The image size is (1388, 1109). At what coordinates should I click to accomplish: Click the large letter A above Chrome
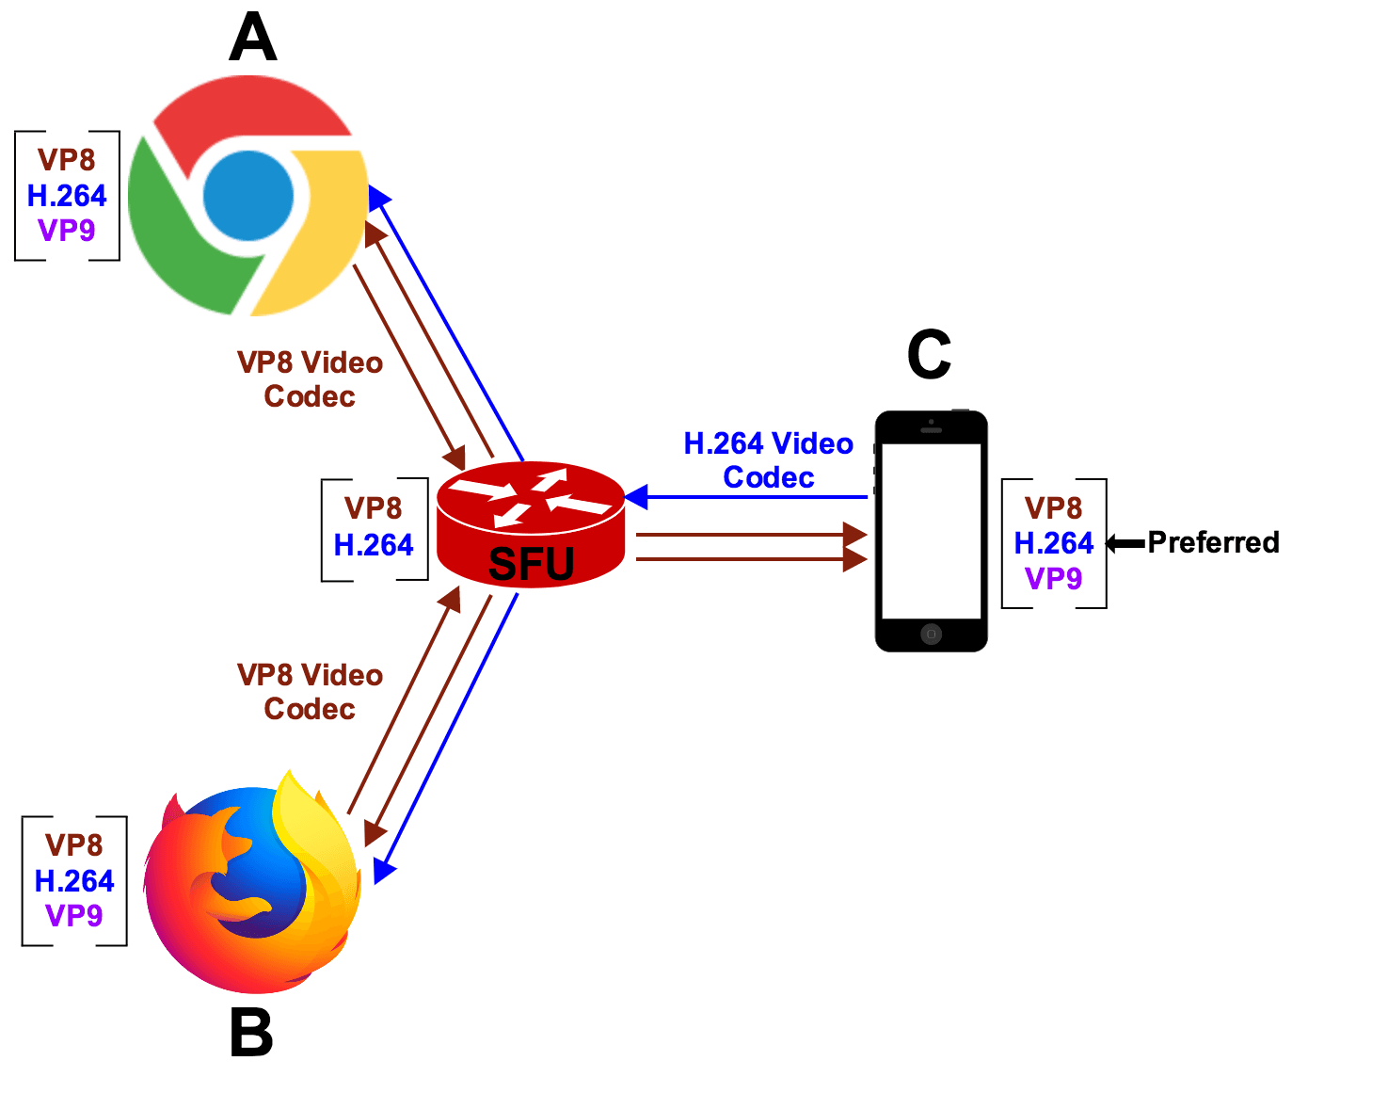pos(252,40)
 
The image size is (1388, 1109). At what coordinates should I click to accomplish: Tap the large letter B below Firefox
pos(251,1033)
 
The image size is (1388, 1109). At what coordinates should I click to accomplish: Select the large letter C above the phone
pos(929,355)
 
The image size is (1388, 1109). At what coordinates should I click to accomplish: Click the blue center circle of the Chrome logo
pos(248,196)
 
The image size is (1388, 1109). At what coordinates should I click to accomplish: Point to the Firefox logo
pos(252,885)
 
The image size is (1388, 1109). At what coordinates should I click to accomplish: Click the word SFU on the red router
pos(531,564)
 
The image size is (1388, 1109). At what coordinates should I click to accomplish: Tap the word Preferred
pos(1213,542)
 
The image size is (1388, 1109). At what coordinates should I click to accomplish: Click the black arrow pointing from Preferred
pos(1125,543)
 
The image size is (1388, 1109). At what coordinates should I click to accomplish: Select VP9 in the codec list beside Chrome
pos(67,230)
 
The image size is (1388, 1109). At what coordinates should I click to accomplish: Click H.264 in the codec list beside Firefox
pos(74,881)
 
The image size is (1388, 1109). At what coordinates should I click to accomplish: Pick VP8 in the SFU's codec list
pos(374,508)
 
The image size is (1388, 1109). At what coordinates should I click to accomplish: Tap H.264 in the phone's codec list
pos(1053,543)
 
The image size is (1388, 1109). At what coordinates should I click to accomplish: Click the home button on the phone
pos(931,634)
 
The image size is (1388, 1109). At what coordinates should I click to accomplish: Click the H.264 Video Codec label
pos(768,460)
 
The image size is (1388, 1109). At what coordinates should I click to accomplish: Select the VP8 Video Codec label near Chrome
pos(310,379)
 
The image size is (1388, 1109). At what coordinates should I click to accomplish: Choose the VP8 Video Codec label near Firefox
pos(310,692)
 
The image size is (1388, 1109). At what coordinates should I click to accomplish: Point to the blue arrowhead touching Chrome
pos(378,197)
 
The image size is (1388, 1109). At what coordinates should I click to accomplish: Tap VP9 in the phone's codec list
pos(1053,578)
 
